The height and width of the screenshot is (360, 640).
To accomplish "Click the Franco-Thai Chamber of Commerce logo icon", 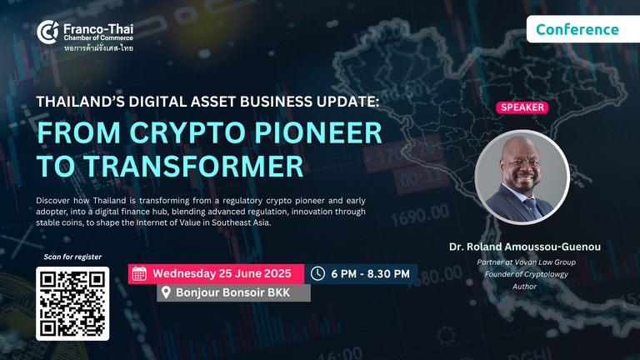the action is point(47,32).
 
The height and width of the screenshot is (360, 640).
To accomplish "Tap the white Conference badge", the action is point(583,29).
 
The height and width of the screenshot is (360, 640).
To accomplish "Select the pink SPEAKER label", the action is point(522,107).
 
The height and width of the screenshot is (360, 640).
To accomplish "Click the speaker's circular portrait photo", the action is point(522,177).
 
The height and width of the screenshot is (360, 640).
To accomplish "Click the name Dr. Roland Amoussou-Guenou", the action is point(525,247).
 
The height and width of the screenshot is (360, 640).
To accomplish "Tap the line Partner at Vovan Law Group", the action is point(527,262).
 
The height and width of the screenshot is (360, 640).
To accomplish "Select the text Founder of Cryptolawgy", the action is point(526,274).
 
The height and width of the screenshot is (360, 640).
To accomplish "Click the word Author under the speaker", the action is point(524,287).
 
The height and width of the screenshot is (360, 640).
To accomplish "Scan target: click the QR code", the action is point(72,303).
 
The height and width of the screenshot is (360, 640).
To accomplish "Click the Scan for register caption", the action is point(72,257).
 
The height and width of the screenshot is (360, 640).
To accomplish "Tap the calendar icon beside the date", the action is point(139,273).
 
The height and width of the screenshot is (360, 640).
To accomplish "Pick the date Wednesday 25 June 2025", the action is point(222,273).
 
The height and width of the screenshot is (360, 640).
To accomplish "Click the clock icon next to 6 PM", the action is point(317,273).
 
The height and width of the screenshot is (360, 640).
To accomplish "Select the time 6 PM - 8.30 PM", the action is point(370,274).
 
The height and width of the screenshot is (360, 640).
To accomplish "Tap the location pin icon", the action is point(166,292).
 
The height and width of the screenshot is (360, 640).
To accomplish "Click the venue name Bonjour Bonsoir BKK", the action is point(233,292).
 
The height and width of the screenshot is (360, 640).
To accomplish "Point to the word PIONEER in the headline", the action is point(318,132).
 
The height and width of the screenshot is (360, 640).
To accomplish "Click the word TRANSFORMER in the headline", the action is point(193,166).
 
